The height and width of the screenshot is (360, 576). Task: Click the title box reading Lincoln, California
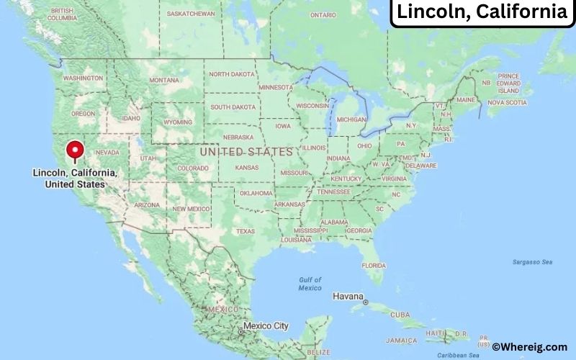pos(482,12)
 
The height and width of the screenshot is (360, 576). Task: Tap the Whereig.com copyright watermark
pos(529,346)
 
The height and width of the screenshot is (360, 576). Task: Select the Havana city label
pos(347,297)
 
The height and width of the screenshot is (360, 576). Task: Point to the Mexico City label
pos(266,326)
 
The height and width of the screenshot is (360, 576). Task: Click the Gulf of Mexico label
pos(310,284)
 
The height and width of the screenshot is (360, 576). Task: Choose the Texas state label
pos(245,231)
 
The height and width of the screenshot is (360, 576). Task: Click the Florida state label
pos(373,265)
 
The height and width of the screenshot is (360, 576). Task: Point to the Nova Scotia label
pos(507,102)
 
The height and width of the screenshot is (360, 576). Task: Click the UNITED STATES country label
pos(246,152)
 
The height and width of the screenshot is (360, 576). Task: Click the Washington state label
pos(83,78)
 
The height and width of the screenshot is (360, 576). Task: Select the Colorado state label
pos(193,169)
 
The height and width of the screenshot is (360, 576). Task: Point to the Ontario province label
pos(323,14)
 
